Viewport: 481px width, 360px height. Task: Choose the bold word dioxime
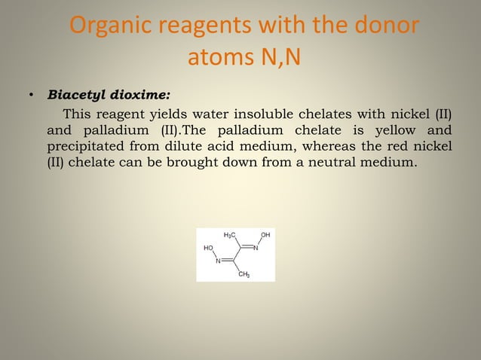click(x=142, y=96)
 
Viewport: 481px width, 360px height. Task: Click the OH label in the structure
click(x=265, y=236)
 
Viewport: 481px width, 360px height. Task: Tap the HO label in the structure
click(x=208, y=247)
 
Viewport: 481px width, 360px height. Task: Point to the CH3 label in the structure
click(x=244, y=275)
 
